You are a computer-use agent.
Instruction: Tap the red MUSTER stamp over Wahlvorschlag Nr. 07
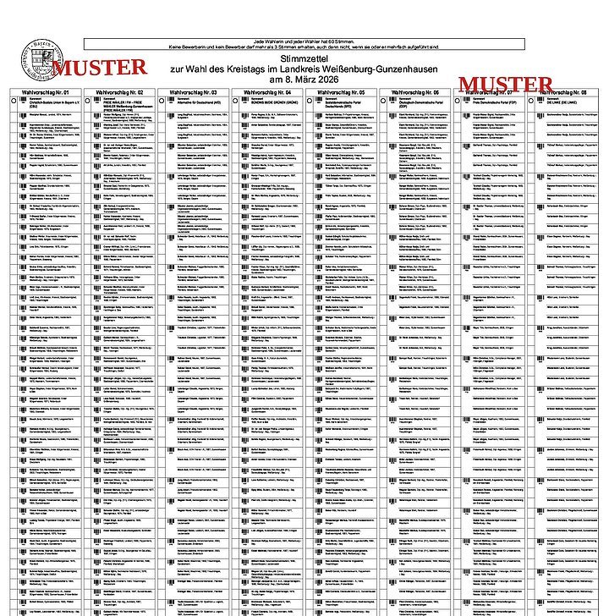pyautogui.click(x=505, y=85)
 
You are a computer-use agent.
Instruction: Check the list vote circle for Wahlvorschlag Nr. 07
pyautogui.click(x=466, y=101)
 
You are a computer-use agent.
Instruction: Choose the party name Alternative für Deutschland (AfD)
pyautogui.click(x=204, y=103)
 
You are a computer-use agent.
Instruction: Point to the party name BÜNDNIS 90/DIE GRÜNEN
pyautogui.click(x=278, y=103)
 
